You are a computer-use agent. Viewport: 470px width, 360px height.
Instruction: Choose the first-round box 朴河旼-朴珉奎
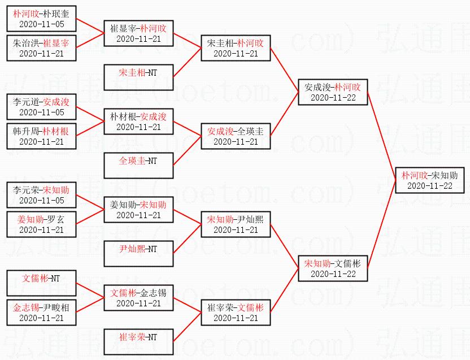[41, 19]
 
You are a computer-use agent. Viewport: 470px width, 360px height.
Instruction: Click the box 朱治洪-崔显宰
[41, 48]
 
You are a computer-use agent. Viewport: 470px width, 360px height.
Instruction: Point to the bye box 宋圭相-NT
[138, 77]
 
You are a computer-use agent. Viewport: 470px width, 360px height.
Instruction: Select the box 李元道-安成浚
[41, 107]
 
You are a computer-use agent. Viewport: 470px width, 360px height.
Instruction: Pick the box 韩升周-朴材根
[41, 136]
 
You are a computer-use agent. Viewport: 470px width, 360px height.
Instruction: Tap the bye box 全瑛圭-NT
[138, 166]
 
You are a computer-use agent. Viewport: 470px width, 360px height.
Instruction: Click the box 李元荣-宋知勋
[41, 195]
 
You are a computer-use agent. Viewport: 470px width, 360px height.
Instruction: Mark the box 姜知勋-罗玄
[41, 224]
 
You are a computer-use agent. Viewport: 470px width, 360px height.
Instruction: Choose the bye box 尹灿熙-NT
[138, 254]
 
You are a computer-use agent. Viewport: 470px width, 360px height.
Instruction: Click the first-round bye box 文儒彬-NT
[41, 283]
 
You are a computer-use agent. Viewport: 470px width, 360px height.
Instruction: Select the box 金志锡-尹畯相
[41, 313]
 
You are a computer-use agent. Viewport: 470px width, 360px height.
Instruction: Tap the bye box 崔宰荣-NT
[138, 342]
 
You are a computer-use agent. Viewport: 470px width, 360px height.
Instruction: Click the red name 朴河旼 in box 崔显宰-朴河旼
[153, 28]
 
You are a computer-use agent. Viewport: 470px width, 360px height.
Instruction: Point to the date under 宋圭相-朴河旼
[236, 54]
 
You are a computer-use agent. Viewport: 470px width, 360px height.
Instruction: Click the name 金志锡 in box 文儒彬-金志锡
[153, 293]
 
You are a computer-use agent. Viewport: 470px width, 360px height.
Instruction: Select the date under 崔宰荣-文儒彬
[236, 318]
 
